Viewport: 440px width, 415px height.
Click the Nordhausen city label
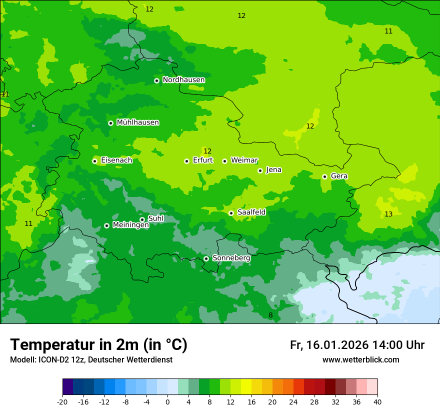[x=183, y=80]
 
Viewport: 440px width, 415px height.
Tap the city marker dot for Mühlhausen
[x=110, y=123]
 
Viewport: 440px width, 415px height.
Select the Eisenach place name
[x=116, y=160]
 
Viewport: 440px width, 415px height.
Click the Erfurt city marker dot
[x=186, y=161]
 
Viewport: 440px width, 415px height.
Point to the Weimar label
[x=244, y=160]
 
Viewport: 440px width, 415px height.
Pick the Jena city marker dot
[x=260, y=170]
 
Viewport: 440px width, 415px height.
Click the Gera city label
[x=339, y=176]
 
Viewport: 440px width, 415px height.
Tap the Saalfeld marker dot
[x=231, y=213]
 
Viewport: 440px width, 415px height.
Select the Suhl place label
[x=155, y=218]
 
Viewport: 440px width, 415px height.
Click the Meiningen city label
[x=130, y=225]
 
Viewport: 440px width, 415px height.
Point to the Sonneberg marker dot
[x=206, y=258]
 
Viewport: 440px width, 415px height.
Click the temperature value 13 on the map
[x=388, y=214]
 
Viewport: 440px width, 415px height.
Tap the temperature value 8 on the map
[x=270, y=315]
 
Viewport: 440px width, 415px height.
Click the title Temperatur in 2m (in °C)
[x=98, y=345]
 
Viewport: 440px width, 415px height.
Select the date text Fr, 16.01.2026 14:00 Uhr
[x=357, y=345]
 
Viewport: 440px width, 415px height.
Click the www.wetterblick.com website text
[x=360, y=360]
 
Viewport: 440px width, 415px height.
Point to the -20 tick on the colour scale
[x=62, y=402]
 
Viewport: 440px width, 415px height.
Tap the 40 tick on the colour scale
[x=377, y=402]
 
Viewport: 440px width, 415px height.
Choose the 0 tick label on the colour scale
[x=167, y=402]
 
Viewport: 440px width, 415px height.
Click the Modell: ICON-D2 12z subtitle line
[x=91, y=360]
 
